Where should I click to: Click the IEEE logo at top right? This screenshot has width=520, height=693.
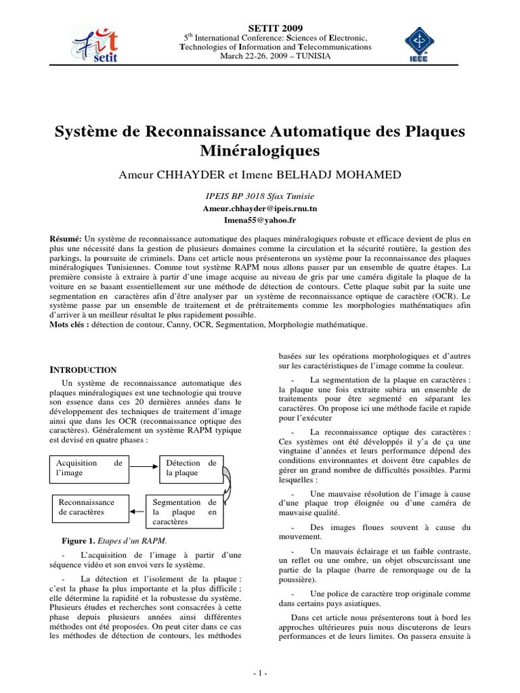coord(425,45)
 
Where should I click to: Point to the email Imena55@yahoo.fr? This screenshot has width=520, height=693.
coord(259,220)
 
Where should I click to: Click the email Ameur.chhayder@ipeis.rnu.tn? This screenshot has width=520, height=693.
coord(259,208)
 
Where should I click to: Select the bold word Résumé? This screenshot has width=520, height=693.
coord(66,239)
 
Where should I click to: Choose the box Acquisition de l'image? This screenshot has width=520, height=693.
coord(89,468)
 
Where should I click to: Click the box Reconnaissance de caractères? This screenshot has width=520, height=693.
coord(89,508)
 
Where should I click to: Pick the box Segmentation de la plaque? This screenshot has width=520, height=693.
coord(184,512)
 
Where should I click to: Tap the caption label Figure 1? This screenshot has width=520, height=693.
coord(77,541)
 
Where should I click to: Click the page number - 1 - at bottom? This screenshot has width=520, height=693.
coord(260,673)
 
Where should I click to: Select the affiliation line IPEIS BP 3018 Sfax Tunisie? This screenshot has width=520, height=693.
coord(259,196)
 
